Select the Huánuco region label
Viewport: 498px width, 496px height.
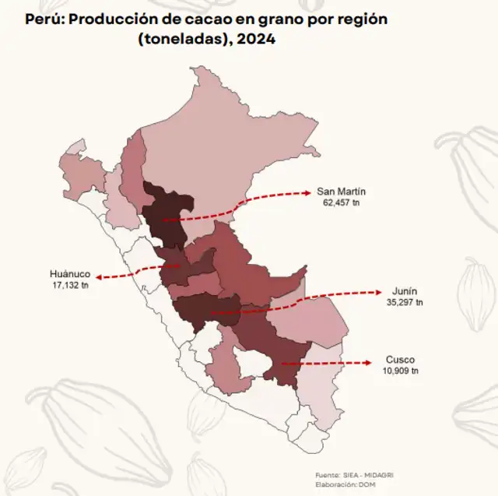[x=70, y=274]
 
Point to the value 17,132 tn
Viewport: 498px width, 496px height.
[x=70, y=285]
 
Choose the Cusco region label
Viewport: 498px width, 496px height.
[x=400, y=360]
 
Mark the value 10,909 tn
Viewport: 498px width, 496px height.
[x=400, y=371]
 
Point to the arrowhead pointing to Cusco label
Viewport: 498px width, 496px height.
[x=366, y=362]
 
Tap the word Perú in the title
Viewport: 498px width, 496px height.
[x=44, y=17]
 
